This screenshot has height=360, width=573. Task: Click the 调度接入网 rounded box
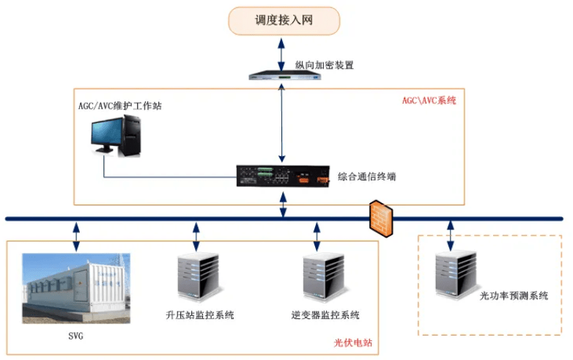click(284, 21)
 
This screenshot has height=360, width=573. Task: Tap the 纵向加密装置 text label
click(325, 65)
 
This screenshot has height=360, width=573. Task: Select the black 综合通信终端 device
click(283, 177)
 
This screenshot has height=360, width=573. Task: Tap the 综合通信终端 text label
click(367, 177)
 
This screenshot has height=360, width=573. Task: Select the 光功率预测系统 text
click(514, 296)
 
